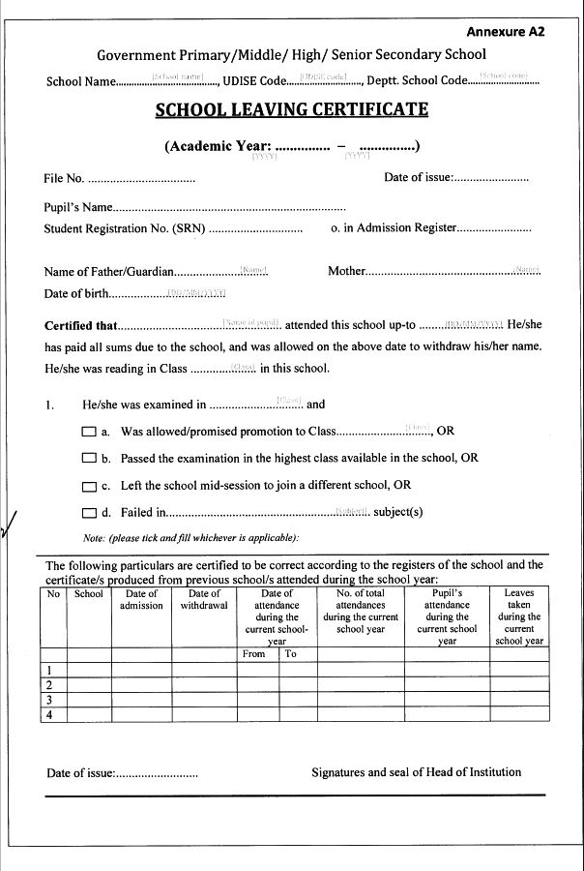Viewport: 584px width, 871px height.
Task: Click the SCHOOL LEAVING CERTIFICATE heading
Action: [x=291, y=109]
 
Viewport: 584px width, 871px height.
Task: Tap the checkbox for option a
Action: [x=88, y=432]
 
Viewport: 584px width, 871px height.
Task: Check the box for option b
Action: [x=88, y=459]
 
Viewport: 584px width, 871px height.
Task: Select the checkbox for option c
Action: [x=88, y=486]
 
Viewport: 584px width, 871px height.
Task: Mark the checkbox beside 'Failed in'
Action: [x=88, y=513]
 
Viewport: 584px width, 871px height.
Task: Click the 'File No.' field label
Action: [x=64, y=178]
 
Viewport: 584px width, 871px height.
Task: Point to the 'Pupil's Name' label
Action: [x=78, y=207]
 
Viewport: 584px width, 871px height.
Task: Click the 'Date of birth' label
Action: [x=75, y=294]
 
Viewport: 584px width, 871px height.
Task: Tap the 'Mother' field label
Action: [x=346, y=271]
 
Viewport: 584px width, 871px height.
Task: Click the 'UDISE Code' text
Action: [x=253, y=80]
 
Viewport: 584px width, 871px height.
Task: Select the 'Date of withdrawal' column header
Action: [x=204, y=600]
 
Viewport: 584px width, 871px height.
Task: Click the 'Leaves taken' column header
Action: [x=519, y=616]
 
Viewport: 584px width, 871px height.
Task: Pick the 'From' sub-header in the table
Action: [x=253, y=654]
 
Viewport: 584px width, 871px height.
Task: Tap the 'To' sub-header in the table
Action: [x=290, y=654]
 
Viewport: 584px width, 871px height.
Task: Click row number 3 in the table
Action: [x=49, y=700]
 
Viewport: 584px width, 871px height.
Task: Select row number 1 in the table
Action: [x=49, y=669]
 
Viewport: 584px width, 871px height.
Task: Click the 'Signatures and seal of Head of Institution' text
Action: [x=416, y=772]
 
